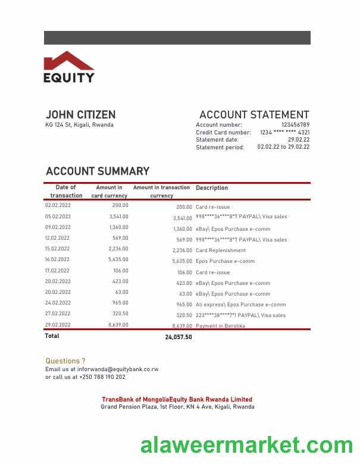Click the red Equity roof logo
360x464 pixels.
click(68, 61)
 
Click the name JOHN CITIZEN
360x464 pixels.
click(80, 114)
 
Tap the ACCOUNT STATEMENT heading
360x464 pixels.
click(254, 115)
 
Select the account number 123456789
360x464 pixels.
click(295, 125)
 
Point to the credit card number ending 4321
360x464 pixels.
click(284, 133)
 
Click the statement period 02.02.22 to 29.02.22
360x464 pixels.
click(283, 147)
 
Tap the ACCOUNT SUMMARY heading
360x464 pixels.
click(98, 171)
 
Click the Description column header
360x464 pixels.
click(212, 188)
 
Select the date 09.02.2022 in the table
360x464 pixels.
click(58, 227)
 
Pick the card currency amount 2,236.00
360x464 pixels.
click(119, 249)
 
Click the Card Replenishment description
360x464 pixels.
click(221, 250)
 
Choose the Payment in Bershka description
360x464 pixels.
click(220, 326)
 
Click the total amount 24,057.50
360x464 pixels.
click(179, 337)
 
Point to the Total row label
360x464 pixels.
click(52, 336)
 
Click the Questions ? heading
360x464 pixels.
click(65, 361)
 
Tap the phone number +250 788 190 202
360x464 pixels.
click(102, 377)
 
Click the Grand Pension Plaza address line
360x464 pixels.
click(177, 407)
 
